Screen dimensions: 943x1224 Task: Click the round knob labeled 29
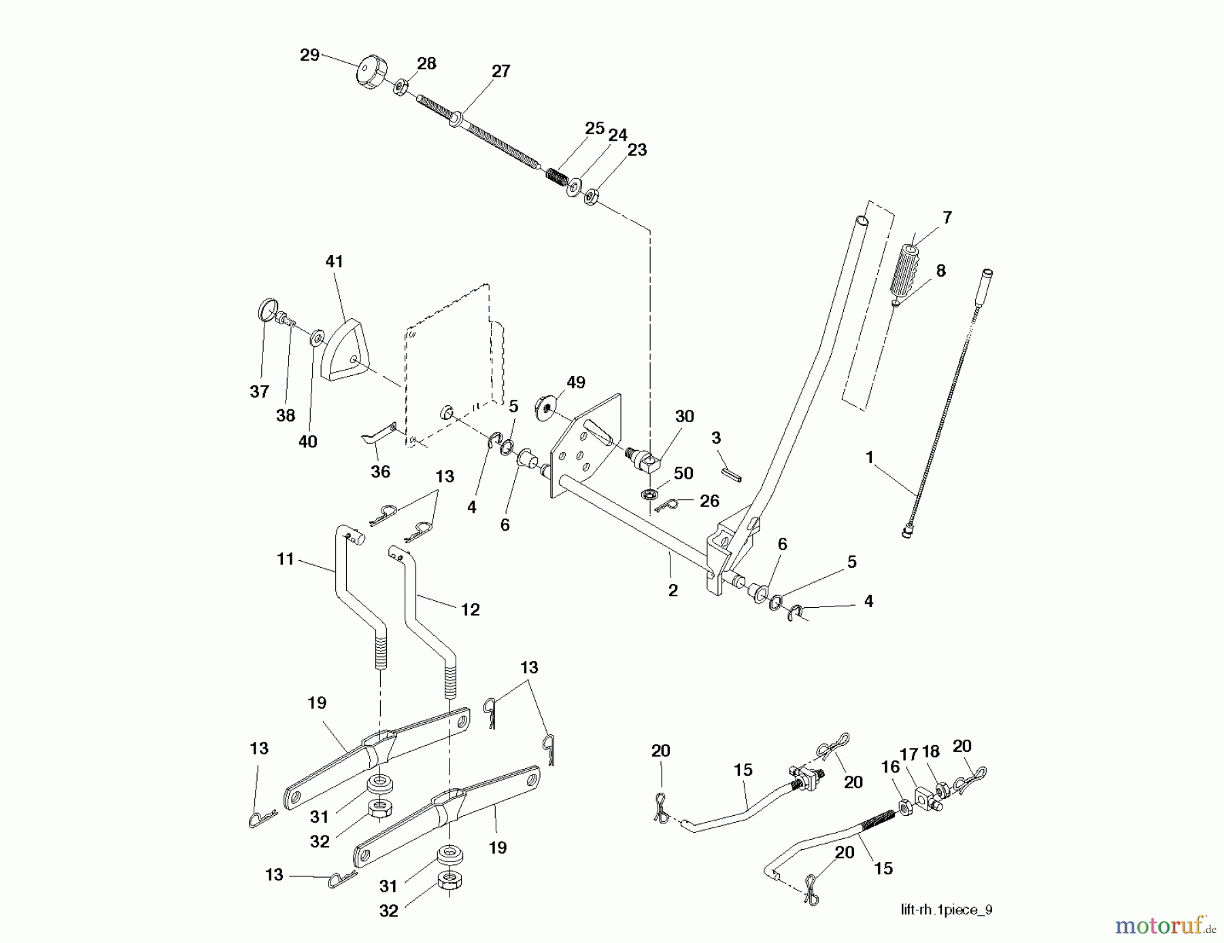pos(370,71)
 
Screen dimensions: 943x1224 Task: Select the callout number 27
pos(500,71)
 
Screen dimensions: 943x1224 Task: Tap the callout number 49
pos(575,383)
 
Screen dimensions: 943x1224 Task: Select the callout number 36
pos(380,471)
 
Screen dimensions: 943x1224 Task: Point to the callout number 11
pos(286,559)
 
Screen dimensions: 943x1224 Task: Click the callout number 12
pos(470,610)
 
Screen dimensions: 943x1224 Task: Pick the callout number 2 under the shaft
pos(673,590)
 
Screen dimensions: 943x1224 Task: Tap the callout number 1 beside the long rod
pos(869,458)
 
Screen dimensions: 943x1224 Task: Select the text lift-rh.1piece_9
pos(946,910)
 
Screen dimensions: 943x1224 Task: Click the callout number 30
pos(684,416)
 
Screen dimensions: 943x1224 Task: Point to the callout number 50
pos(683,473)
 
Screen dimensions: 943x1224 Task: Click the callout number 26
pos(709,501)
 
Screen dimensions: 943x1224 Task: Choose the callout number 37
pos(259,391)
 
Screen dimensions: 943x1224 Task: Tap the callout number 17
pos(908,753)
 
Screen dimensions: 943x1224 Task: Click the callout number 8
pos(940,271)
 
